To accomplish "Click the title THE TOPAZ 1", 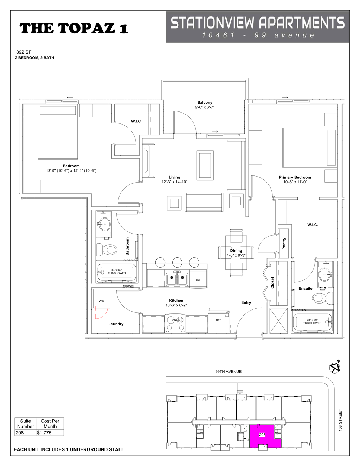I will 73,28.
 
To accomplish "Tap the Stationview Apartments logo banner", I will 257,27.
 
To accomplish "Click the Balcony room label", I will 205,102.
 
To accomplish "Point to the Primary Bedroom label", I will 295,177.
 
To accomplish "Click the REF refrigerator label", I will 219,320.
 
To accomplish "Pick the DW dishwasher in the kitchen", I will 198,280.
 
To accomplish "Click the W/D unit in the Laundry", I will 101,301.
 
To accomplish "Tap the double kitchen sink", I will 177,279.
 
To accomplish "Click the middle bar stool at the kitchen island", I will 177,262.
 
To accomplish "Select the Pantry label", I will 284,244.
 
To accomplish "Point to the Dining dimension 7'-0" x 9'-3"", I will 236,255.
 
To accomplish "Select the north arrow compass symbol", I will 335,367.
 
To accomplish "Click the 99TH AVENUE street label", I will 228,371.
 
